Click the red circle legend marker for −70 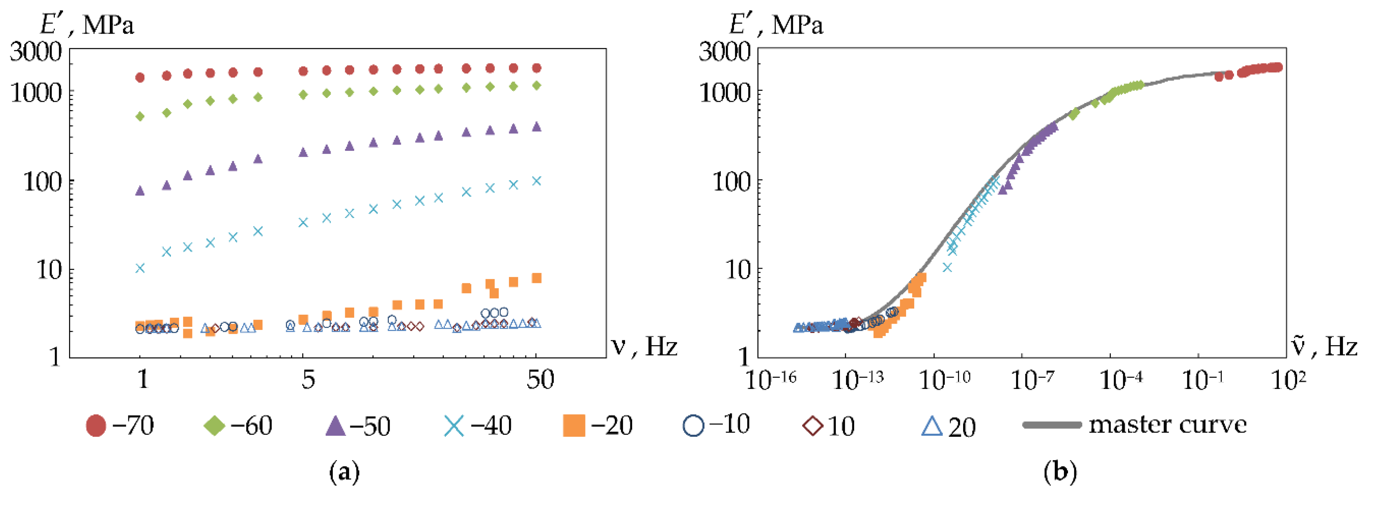pyautogui.click(x=96, y=425)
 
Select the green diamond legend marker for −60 pyautogui.click(x=215, y=425)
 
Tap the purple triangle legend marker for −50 pyautogui.click(x=335, y=425)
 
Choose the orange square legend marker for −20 pyautogui.click(x=574, y=425)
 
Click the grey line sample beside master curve pyautogui.click(x=1052, y=425)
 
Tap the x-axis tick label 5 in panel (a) pyautogui.click(x=308, y=380)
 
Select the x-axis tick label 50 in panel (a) pyautogui.click(x=540, y=380)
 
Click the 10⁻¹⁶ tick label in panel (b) pyautogui.click(x=770, y=380)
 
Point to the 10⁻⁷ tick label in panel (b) pyautogui.click(x=1033, y=380)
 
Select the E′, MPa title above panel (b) pyautogui.click(x=776, y=24)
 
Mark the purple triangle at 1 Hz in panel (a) pyautogui.click(x=140, y=190)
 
